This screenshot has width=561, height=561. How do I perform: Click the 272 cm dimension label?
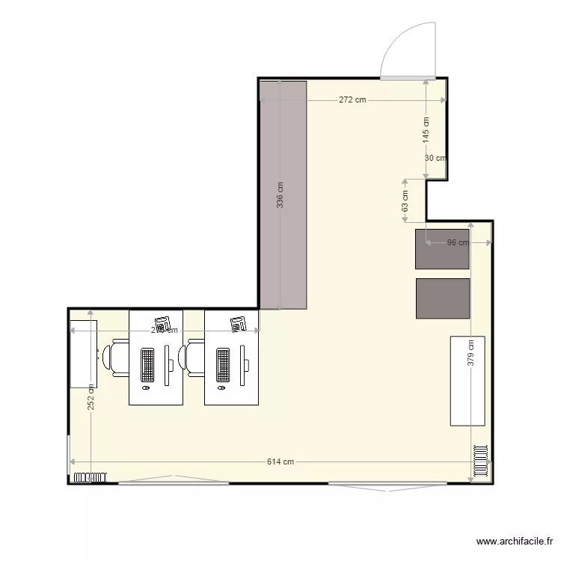coord(352,99)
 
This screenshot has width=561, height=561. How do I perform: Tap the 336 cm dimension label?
coord(280,195)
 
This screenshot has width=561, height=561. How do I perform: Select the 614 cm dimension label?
coord(280,462)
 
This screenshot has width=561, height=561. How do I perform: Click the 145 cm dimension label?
coord(426,130)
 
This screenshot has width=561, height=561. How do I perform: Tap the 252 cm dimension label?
coord(91,397)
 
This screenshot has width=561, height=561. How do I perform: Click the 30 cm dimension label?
coord(435,158)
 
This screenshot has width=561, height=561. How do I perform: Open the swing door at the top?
coord(408,52)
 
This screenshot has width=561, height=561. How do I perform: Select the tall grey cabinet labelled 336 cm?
coord(283,195)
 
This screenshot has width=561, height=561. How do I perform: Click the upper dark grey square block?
coord(443,249)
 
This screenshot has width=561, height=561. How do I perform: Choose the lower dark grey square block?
coord(443,298)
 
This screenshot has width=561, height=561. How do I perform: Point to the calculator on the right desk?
coord(239,324)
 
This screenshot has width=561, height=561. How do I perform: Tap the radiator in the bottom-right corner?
coord(480,462)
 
